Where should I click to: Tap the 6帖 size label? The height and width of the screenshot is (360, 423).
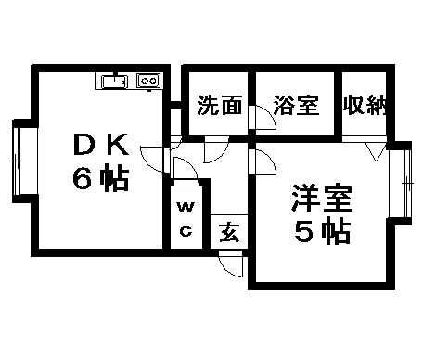102,179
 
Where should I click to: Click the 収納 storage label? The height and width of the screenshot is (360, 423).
364,105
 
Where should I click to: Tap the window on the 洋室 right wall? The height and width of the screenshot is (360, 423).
404,182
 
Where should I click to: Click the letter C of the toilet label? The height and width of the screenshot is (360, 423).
185,232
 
